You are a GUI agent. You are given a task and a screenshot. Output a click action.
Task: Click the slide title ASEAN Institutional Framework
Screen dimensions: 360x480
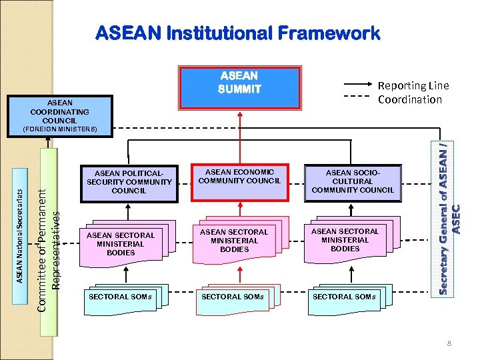click(x=237, y=33)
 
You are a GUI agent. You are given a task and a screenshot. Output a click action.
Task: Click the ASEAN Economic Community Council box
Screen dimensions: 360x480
click(x=239, y=180)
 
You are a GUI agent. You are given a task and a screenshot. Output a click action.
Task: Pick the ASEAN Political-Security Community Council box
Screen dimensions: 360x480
click(x=128, y=181)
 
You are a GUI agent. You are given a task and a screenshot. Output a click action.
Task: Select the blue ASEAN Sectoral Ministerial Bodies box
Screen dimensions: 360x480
click(x=121, y=244)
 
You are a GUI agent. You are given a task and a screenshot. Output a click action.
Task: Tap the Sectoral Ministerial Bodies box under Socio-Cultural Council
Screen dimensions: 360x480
click(x=345, y=240)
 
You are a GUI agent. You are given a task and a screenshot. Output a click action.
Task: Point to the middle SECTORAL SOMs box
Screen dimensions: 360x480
click(x=232, y=297)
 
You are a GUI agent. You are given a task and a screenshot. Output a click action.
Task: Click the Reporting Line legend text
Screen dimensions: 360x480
click(x=413, y=85)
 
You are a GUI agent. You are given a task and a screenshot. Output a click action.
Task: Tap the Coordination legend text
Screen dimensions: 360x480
click(x=409, y=99)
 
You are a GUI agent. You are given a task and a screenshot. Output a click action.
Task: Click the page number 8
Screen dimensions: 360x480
click(x=450, y=344)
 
